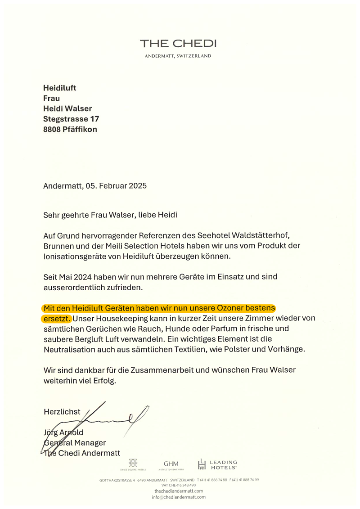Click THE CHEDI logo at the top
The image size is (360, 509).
point(178,44)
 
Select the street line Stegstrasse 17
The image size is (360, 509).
point(71,119)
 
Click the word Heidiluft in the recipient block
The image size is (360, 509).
point(60,88)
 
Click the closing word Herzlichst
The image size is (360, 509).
point(62,411)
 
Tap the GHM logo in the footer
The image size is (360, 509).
point(171,464)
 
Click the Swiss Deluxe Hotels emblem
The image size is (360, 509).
point(133,464)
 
